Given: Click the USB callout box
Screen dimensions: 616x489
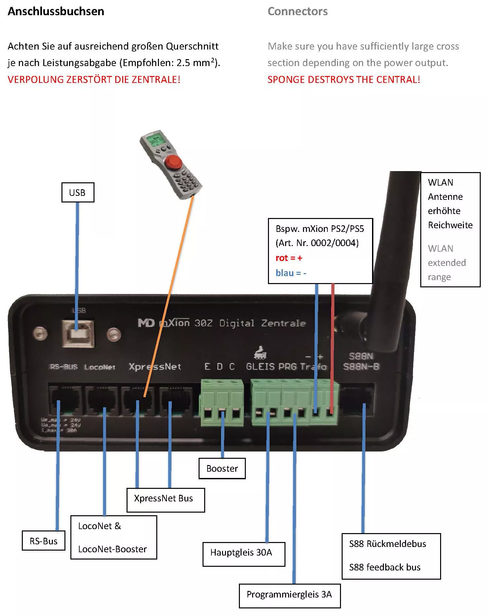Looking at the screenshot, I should click(78, 192).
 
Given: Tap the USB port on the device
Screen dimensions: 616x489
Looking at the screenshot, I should click(78, 334).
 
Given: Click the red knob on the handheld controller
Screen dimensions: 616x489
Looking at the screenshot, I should click(173, 163).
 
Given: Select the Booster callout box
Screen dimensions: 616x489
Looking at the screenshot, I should click(222, 468).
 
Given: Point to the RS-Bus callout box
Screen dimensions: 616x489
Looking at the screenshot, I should click(44, 541).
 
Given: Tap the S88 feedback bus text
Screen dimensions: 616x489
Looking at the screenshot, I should click(385, 567).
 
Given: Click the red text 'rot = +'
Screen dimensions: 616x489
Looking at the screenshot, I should click(289, 258).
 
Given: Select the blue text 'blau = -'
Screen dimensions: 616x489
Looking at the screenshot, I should click(291, 273).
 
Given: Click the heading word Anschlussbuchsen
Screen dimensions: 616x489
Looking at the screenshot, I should click(56, 12).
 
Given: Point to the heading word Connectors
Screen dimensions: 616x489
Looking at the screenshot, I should click(297, 12).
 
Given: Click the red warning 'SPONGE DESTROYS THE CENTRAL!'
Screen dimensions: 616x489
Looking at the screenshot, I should click(344, 80).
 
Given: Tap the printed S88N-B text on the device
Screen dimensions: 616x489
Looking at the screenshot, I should click(361, 367).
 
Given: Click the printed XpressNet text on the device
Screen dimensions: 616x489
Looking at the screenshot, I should click(155, 367).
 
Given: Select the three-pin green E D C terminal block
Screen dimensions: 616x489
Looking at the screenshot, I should click(222, 403).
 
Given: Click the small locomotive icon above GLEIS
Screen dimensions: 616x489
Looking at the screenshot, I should click(260, 353).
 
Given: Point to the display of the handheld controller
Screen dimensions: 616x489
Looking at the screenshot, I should click(155, 141).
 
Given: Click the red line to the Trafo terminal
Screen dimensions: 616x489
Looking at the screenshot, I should click(332, 347).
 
